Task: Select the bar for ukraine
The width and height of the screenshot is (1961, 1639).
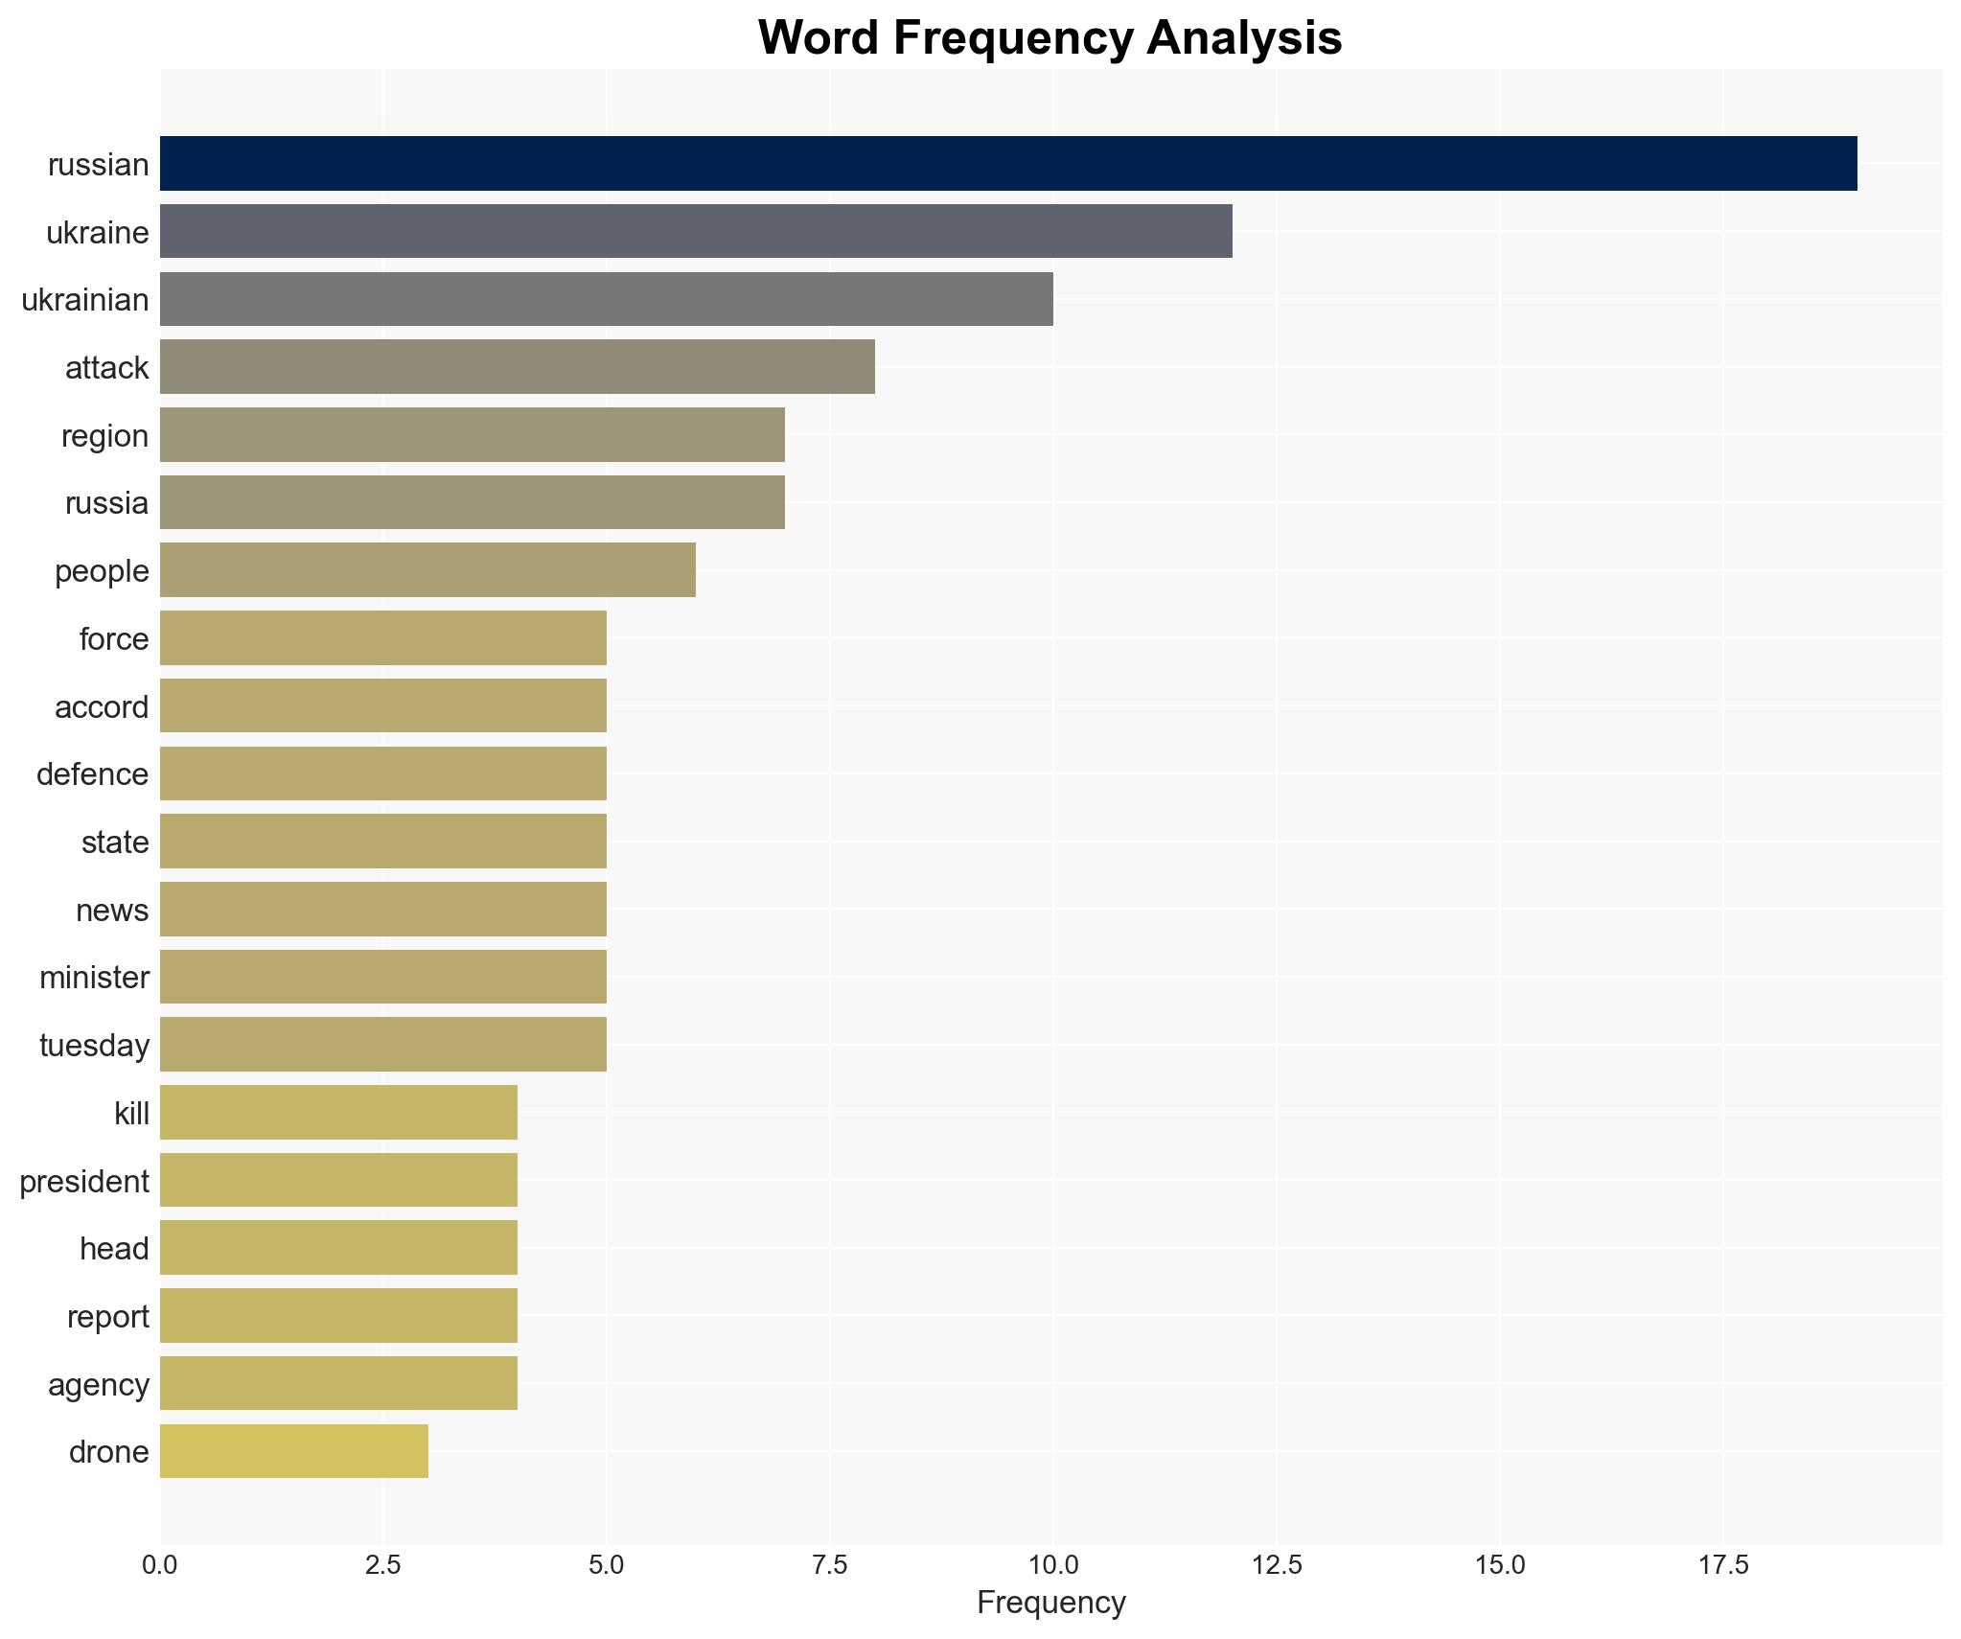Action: (x=695, y=232)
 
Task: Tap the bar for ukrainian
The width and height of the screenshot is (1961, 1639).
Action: (x=606, y=299)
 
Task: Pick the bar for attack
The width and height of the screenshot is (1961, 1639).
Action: (x=517, y=367)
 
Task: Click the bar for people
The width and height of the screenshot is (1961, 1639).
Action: (x=427, y=570)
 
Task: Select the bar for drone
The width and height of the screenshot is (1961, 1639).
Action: (x=293, y=1451)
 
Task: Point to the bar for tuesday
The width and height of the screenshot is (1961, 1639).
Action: (x=382, y=1045)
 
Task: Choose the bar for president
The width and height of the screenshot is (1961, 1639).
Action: (x=338, y=1181)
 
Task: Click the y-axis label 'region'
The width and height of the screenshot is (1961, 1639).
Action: (x=104, y=436)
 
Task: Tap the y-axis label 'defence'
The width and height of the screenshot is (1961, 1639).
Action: (x=92, y=774)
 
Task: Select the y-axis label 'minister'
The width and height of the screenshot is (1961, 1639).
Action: (x=94, y=978)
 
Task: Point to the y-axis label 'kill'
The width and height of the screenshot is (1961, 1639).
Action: (x=131, y=1114)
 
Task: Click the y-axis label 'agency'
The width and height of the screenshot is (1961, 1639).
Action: (x=98, y=1385)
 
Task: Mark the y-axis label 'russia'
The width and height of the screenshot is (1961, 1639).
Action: (x=106, y=503)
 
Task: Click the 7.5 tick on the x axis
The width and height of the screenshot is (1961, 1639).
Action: (x=829, y=1565)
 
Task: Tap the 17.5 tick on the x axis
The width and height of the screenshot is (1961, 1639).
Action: (x=1723, y=1565)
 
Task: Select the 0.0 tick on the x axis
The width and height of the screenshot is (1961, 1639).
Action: (x=159, y=1565)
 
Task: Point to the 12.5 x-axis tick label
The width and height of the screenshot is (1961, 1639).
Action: (x=1277, y=1565)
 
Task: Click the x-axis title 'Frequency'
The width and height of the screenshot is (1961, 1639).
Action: (x=1050, y=1603)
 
